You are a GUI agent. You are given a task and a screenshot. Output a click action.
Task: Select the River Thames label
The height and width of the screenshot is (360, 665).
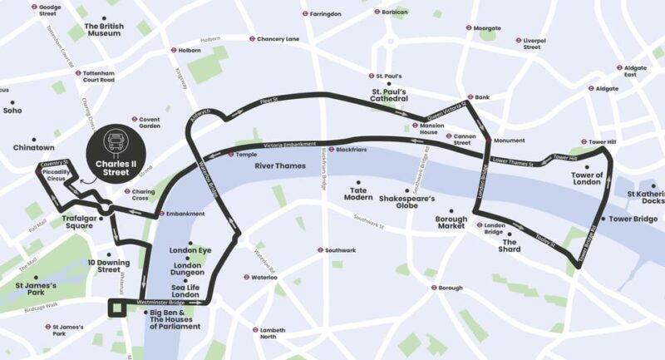[x=279, y=166]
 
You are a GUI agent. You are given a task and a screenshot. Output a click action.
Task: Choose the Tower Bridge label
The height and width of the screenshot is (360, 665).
[x=633, y=219]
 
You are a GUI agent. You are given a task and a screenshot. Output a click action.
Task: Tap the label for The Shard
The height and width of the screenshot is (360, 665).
[x=510, y=245]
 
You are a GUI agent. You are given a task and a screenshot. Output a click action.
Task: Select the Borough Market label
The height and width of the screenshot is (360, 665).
[x=451, y=224]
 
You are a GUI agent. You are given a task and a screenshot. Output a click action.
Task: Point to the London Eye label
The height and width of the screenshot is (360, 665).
[x=190, y=250]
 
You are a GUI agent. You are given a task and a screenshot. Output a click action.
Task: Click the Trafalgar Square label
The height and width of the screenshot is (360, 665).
[x=82, y=222]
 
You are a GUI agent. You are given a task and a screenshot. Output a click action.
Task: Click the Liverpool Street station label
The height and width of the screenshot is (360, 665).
[x=532, y=43]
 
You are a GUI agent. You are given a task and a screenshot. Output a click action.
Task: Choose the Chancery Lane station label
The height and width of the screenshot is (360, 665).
[x=277, y=39]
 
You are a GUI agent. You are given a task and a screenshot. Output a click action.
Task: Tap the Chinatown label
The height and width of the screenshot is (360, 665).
[x=33, y=147]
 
